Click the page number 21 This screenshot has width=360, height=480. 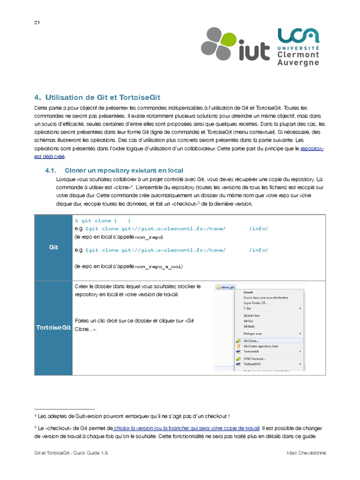tap(37, 23)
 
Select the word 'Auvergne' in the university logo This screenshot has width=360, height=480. tap(299, 63)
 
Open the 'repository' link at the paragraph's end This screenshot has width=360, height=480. tap(312, 148)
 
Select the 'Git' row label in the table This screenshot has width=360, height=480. tap(53, 247)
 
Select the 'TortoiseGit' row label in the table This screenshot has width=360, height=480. tap(53, 327)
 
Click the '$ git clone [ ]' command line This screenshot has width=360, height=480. tap(103, 220)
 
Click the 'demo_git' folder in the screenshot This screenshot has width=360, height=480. tap(226, 287)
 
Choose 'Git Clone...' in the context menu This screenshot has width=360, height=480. tap(251, 341)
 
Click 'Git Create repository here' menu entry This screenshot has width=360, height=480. tap(261, 346)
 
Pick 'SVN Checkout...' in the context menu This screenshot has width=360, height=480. tap(255, 359)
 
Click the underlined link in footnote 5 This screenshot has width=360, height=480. tap(187, 428)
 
